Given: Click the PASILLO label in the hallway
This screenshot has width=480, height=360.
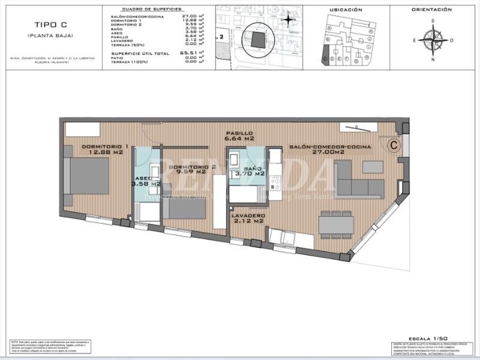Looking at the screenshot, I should coord(239,133).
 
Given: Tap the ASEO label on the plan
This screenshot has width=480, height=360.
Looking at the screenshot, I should coord(143,178).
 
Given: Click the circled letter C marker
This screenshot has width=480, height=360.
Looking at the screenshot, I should coord(394,145).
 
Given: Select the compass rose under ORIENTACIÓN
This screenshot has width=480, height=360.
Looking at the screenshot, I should coord(432,40).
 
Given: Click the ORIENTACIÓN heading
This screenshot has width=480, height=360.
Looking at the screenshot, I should coord(432,10).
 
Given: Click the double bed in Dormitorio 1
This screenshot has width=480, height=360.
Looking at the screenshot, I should coord(87,176).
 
